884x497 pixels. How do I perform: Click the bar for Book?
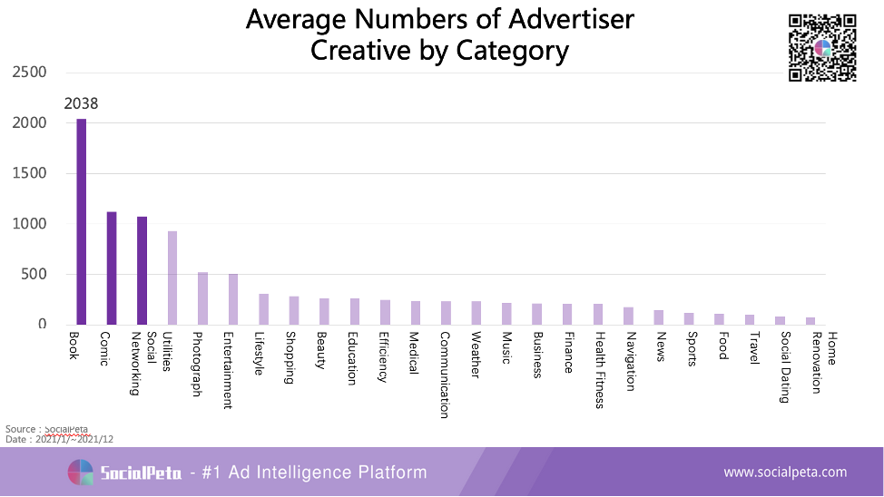coord(82,221)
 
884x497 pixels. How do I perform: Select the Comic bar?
coord(112,268)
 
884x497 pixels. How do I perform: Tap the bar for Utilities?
coord(172,278)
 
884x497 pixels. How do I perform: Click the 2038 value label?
coord(81,103)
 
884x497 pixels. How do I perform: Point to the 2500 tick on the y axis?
coord(29,73)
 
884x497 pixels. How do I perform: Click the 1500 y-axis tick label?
coord(29,173)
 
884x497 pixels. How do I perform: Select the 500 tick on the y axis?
coord(34,274)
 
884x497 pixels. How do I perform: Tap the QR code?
coord(822,48)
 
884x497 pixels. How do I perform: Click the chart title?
coord(440,34)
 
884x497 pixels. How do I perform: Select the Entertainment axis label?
coord(227,370)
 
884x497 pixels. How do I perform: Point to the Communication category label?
coord(445,374)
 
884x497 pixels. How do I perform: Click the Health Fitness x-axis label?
coord(599,369)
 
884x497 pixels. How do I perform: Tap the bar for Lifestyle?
coord(263,309)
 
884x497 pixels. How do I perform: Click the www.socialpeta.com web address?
coord(784,472)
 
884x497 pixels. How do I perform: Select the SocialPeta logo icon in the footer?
coord(81,473)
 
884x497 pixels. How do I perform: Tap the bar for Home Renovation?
coord(810,321)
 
